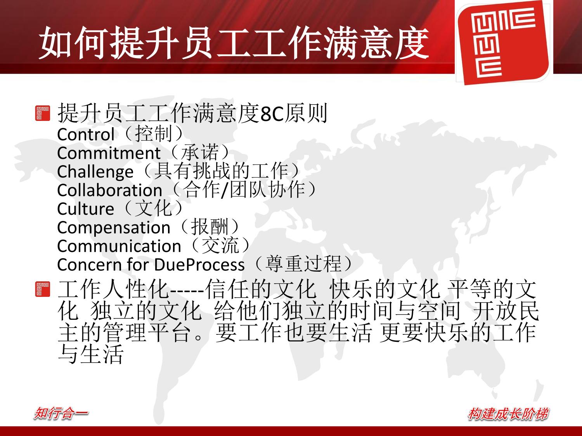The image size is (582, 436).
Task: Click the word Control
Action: pos(86,134)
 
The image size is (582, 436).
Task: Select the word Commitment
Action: pos(109,153)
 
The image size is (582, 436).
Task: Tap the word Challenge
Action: pos(95,172)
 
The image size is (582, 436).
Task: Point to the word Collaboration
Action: pos(109,190)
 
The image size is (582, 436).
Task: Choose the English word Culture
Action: pos(86,209)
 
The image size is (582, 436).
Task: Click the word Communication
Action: pos(119,246)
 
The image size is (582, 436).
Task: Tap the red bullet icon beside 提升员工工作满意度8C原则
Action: pos(43,113)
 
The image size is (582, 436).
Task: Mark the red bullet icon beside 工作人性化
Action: pos(43,289)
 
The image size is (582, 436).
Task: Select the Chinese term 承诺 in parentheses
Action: pos(200,152)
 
